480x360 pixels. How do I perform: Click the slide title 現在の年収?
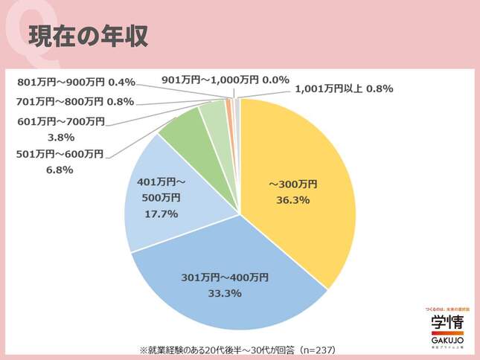[89, 35]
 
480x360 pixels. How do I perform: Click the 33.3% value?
[225, 294]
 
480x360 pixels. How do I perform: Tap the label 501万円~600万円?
[60, 155]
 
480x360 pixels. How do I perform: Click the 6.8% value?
[60, 170]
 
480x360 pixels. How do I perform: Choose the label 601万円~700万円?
[60, 121]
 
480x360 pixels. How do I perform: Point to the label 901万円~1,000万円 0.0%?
[225, 80]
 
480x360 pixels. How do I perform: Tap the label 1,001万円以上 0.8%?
[344, 89]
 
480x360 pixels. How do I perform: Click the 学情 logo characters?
[447, 321]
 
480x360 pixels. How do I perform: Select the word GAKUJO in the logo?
[447, 339]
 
